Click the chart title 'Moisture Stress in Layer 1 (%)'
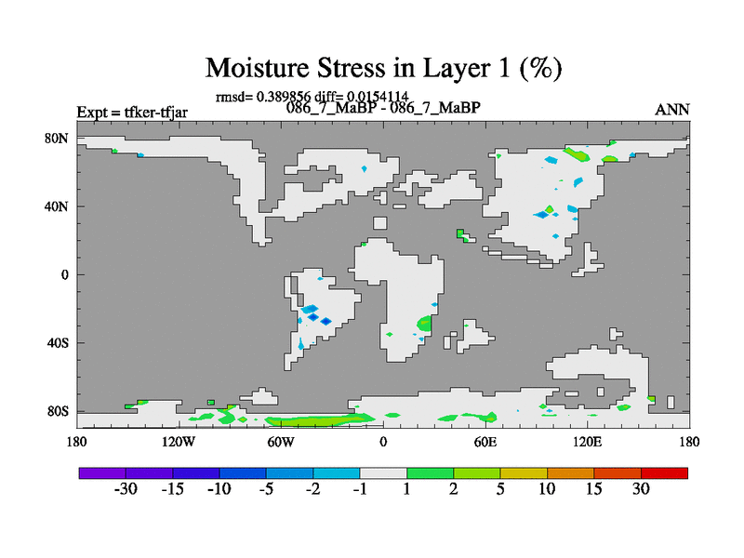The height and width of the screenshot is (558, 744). pos(383,68)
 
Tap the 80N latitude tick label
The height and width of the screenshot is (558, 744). pos(57,138)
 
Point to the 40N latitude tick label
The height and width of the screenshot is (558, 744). pos(57,206)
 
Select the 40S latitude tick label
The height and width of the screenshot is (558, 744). pos(58,342)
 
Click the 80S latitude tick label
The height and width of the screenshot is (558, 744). pos(58,411)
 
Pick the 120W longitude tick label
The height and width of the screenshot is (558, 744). pos(179,442)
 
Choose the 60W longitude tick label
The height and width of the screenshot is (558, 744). pos(281,442)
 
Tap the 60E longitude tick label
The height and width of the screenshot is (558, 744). pos(485,442)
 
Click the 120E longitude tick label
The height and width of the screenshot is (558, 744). pos(588,442)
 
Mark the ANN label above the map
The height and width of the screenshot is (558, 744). pos(671,110)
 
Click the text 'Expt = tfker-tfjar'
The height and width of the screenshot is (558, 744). pos(132,113)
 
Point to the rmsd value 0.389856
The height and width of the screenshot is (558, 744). pos(284,97)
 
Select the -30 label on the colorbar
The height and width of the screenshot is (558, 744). pos(126,488)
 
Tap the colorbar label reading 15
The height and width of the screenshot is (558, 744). pos(593,488)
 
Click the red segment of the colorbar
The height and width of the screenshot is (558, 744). pos(664,473)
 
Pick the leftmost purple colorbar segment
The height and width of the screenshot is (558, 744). pos(102,473)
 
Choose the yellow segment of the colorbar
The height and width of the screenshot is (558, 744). pos(524,473)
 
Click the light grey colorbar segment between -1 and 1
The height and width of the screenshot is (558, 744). pos(383,473)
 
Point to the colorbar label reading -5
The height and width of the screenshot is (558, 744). pos(266,488)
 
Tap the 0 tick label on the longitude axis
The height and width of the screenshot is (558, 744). pos(383,442)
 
